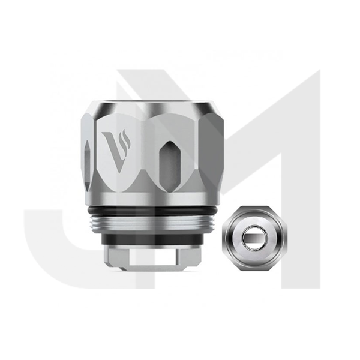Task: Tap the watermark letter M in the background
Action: coord(288,150)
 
